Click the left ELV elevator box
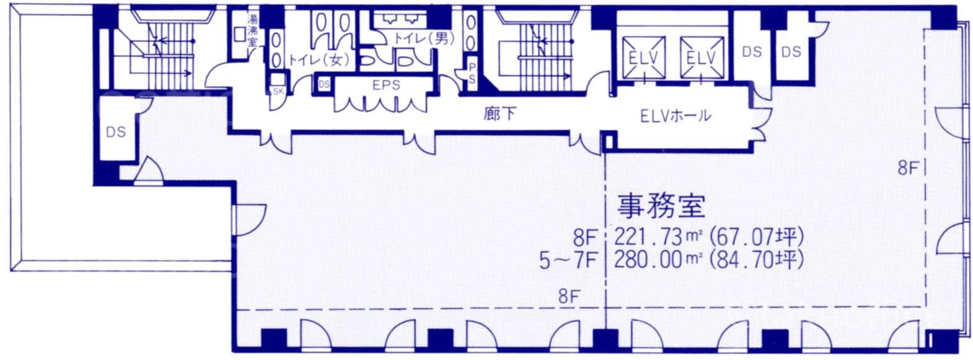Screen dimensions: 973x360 (644, 58)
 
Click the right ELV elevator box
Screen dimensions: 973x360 (702, 58)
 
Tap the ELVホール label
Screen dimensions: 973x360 (676, 116)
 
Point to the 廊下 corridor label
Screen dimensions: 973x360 (500, 114)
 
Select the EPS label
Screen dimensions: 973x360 (386, 85)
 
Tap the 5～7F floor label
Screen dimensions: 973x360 (567, 261)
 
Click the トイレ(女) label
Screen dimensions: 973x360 (319, 60)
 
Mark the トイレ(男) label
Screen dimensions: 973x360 (423, 38)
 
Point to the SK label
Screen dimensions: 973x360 (278, 91)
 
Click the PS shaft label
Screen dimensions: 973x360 (472, 74)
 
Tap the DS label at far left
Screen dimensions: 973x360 (116, 132)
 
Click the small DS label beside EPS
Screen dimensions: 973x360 (324, 85)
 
